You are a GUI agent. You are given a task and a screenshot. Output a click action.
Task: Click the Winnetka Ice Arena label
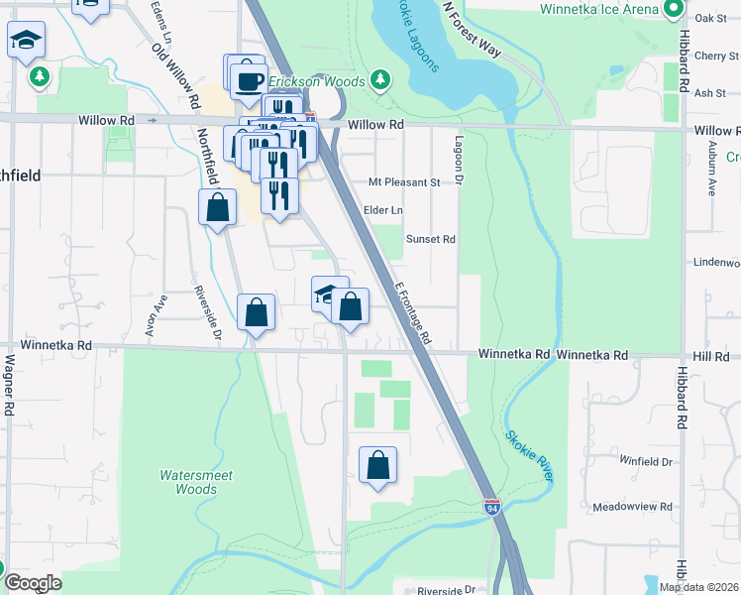coord(599,9)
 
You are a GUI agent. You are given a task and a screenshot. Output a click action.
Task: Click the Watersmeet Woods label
coord(196,482)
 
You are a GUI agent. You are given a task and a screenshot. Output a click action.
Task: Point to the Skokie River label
coord(529,455)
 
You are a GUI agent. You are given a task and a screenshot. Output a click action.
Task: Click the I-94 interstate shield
coord(492,507)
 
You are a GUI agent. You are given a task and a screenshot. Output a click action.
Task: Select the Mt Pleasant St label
coord(403,182)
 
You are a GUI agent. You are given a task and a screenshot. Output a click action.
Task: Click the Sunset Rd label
coord(430,239)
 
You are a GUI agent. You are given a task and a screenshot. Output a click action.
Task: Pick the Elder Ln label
coord(384,210)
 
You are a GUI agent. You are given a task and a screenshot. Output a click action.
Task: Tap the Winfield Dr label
coord(646,461)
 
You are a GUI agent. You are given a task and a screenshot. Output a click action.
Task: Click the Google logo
coord(32,583)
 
